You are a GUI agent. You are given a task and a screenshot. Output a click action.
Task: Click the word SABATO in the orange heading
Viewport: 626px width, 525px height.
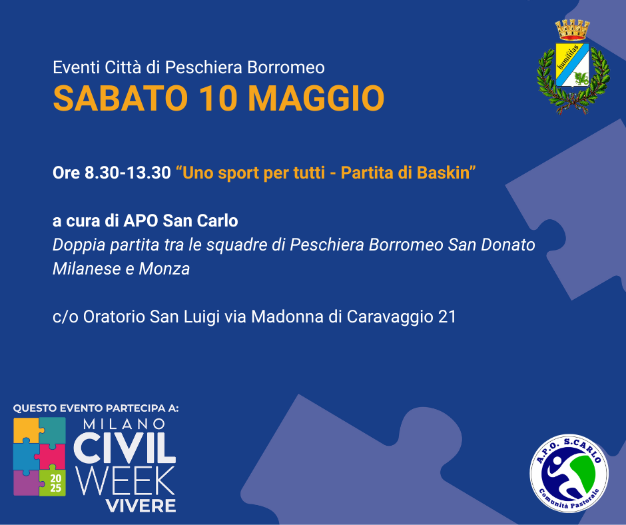[120, 99]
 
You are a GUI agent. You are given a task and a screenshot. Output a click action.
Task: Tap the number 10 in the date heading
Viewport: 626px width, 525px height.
[218, 99]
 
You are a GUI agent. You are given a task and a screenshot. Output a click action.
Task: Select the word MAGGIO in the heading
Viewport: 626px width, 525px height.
[316, 99]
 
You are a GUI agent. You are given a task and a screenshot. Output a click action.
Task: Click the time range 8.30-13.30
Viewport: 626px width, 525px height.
[128, 173]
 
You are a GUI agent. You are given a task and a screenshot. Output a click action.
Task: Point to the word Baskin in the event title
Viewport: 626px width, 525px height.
[443, 173]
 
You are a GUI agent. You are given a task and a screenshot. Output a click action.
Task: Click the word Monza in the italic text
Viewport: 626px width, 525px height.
[164, 269]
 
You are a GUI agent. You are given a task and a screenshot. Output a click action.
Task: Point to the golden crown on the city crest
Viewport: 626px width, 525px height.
[573, 30]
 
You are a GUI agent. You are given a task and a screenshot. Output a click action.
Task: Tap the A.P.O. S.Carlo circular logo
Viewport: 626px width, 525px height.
[569, 474]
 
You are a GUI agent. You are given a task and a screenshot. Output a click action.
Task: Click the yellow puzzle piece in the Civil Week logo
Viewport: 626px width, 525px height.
[27, 430]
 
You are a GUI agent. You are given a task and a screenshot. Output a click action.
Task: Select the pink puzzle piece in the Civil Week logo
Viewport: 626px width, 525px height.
[51, 456]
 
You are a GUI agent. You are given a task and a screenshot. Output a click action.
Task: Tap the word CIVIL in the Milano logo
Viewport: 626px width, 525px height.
[125, 448]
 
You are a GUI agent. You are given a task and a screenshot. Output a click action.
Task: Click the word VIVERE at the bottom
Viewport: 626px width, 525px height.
[141, 506]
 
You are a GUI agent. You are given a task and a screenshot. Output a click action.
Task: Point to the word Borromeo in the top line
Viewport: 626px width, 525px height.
[286, 67]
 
